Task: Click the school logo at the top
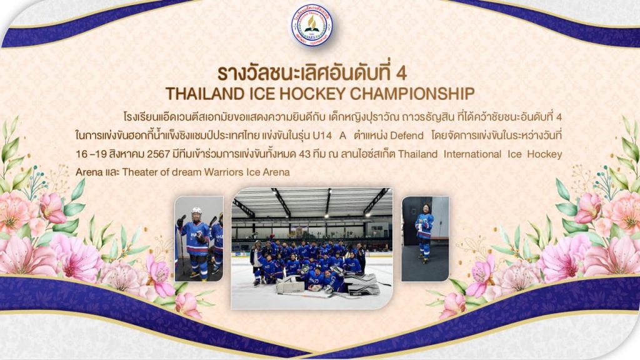[x=311, y=25]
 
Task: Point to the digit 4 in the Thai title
[x=401, y=74]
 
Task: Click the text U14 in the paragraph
[x=322, y=136]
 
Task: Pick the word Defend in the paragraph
[x=406, y=136]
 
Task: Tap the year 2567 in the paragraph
[x=158, y=154]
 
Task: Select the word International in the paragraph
[x=472, y=154]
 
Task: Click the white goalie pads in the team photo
[x=291, y=286]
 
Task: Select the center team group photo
[x=312, y=248]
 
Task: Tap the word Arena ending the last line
[x=276, y=172]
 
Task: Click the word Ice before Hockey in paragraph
[x=515, y=154]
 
